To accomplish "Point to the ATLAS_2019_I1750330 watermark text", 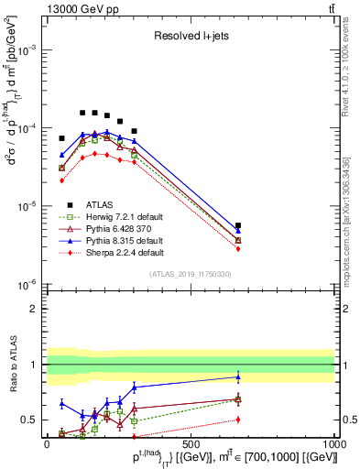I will click(191, 274).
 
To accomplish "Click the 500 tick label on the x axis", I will click(191, 443).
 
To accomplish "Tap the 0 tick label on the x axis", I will click(47, 443).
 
